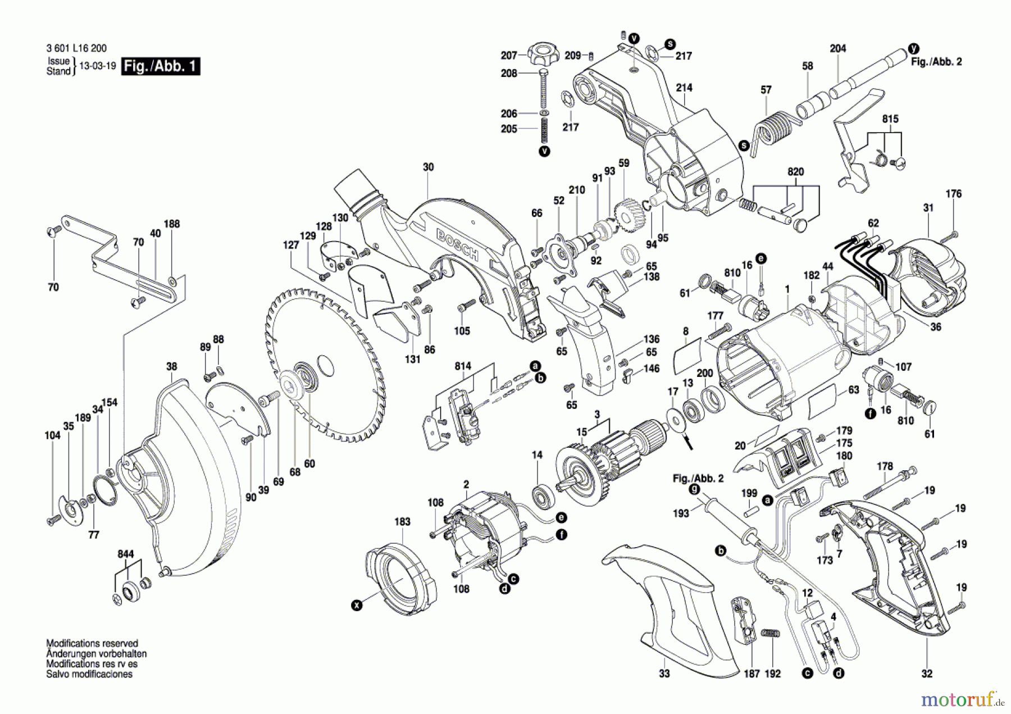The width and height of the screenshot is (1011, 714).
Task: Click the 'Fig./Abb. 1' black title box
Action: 161,66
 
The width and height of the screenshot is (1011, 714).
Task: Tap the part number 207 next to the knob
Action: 509,56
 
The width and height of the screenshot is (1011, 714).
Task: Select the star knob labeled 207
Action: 542,55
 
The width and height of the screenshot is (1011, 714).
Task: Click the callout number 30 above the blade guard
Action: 429,167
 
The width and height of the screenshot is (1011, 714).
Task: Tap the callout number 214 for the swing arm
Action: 684,88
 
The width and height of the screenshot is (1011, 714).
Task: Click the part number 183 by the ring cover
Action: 402,522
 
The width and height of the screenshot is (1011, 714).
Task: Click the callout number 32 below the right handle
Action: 927,674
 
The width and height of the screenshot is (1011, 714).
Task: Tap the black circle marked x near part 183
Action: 356,606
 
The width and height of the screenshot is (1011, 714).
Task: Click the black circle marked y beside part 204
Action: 914,48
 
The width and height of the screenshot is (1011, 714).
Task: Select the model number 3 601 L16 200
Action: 76,48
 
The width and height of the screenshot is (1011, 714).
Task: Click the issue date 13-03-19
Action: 98,66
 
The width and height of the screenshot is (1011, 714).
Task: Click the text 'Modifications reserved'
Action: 92,644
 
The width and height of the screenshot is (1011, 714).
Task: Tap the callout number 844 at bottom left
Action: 126,554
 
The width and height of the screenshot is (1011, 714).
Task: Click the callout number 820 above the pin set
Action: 795,172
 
